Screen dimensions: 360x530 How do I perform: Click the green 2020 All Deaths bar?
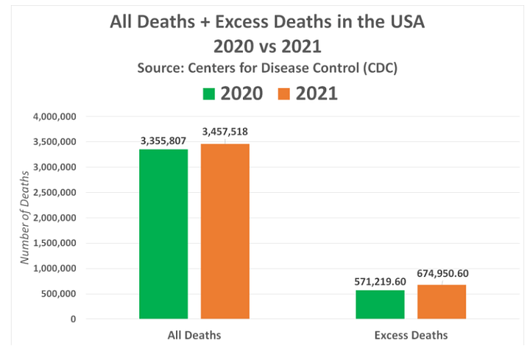(x=163, y=233)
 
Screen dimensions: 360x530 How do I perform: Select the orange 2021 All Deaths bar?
(x=225, y=231)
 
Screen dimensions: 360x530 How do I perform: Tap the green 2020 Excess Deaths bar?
(x=380, y=304)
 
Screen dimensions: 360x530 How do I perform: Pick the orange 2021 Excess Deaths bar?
(x=442, y=301)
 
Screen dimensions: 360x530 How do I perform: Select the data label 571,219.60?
(x=380, y=280)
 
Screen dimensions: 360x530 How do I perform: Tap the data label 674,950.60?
(x=442, y=274)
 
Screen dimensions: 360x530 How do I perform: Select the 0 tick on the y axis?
(x=73, y=320)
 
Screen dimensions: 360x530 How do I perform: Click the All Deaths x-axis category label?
(x=194, y=336)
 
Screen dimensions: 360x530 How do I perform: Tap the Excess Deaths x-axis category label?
(x=411, y=336)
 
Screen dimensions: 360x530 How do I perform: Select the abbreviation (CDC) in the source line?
(x=376, y=68)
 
